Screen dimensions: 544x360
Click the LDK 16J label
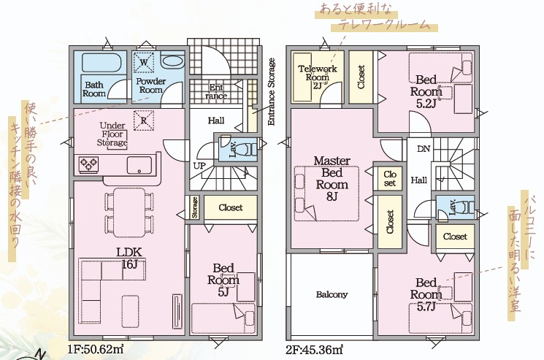[129, 258]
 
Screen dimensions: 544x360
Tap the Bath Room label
[94, 89]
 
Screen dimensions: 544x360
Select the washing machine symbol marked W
[144, 62]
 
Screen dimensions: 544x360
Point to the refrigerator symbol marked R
[144, 120]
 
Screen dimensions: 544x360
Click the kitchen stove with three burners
[89, 164]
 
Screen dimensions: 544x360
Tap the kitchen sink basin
[139, 165]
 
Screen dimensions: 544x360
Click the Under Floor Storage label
[112, 134]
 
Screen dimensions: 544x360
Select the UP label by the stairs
[199, 166]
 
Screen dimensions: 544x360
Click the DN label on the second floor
[424, 149]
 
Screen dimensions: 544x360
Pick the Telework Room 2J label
[318, 77]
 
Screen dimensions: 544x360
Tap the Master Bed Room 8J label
[332, 178]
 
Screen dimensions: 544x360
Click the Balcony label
[332, 294]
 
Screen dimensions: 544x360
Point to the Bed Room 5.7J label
[426, 294]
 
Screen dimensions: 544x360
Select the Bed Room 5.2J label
[426, 91]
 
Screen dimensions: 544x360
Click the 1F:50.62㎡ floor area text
[96, 349]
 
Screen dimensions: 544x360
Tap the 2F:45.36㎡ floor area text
[314, 349]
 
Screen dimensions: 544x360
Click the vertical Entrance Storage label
[272, 91]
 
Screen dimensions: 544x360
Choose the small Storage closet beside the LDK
[195, 207]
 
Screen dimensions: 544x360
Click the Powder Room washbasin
[172, 61]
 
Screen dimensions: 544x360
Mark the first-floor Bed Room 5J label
[223, 280]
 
